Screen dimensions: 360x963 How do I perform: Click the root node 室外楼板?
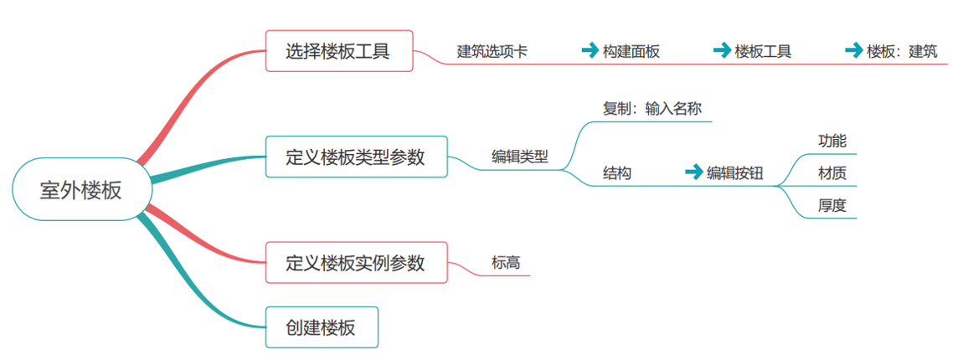click(81, 189)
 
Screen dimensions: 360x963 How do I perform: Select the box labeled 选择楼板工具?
click(338, 51)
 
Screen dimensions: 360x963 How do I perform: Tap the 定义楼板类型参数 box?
click(356, 157)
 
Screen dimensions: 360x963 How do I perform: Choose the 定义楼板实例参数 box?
click(356, 262)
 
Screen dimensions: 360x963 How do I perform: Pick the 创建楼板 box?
click(322, 327)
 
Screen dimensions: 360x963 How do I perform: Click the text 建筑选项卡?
click(492, 51)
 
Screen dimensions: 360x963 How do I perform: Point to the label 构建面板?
click(631, 51)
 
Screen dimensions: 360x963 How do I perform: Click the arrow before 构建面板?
click(590, 50)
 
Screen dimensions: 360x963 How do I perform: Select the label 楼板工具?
click(763, 51)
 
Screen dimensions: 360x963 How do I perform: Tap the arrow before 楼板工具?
click(721, 50)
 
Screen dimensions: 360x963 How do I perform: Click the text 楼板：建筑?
click(902, 51)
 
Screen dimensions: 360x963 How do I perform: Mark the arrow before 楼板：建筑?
click(853, 50)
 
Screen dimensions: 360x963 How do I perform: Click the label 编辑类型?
click(519, 157)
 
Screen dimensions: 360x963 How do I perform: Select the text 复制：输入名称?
click(652, 108)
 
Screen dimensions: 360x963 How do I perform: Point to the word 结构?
click(617, 172)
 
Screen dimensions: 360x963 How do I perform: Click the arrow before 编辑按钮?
click(693, 172)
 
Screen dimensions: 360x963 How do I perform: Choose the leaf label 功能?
click(832, 141)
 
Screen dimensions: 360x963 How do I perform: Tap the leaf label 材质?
click(832, 173)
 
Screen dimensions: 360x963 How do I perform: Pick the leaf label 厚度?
click(832, 205)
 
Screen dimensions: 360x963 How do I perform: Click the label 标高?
click(506, 262)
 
